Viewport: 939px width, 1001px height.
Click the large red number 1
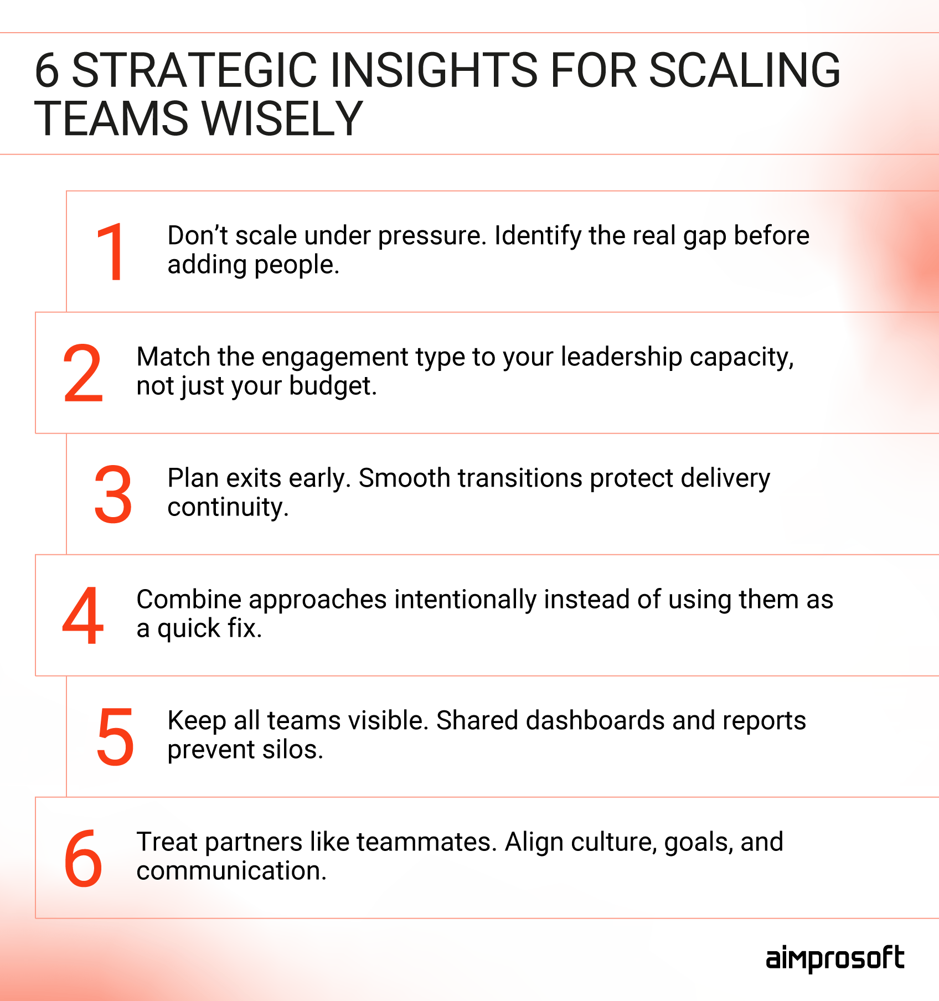tap(111, 252)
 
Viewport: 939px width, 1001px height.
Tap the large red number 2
tap(83, 373)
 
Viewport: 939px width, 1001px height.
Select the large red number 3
tap(113, 494)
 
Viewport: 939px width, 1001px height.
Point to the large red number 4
tap(83, 616)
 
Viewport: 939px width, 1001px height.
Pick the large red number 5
tap(115, 737)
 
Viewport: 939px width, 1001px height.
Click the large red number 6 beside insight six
tap(83, 858)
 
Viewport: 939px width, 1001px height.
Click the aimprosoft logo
tap(834, 959)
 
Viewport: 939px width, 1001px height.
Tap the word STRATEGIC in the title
tap(194, 70)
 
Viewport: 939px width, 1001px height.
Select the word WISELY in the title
tap(282, 118)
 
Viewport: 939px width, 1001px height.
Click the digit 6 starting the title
tap(47, 70)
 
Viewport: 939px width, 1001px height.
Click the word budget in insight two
tap(332, 386)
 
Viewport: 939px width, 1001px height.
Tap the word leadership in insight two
tap(621, 357)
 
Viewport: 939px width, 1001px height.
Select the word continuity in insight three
tap(228, 507)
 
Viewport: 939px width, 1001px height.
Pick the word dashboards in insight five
tap(595, 721)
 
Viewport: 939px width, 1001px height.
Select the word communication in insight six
tap(231, 871)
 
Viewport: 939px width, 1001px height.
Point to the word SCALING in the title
tap(744, 70)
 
